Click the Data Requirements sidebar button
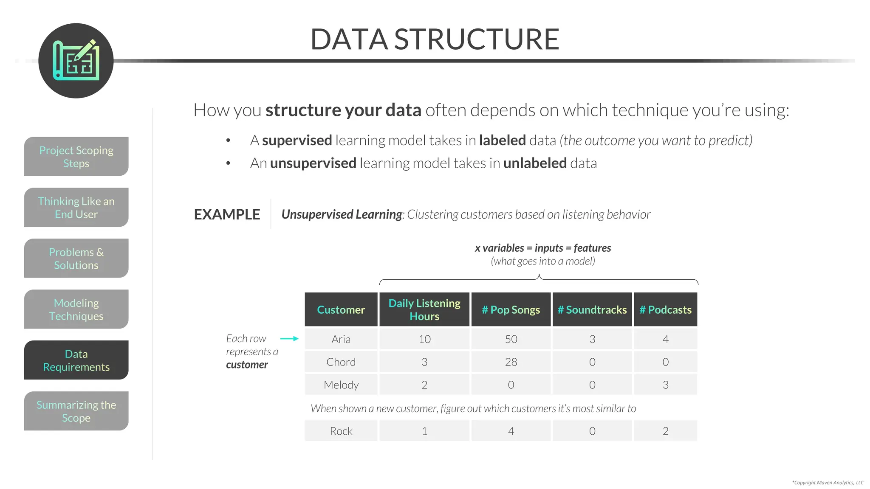pyautogui.click(x=76, y=360)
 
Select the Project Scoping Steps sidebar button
pyautogui.click(x=76, y=156)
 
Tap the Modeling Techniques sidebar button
pyautogui.click(x=76, y=309)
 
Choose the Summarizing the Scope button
pyautogui.click(x=76, y=411)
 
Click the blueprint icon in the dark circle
pyautogui.click(x=76, y=61)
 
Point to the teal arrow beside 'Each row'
pyautogui.click(x=289, y=338)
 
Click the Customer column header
pyautogui.click(x=341, y=309)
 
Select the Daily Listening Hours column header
pyautogui.click(x=424, y=309)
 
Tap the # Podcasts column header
pyautogui.click(x=665, y=309)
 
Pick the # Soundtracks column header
pyautogui.click(x=592, y=309)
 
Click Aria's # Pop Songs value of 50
pyautogui.click(x=511, y=339)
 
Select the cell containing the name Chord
pyautogui.click(x=341, y=362)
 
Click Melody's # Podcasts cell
pyautogui.click(x=665, y=385)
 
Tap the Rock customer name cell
pyautogui.click(x=341, y=431)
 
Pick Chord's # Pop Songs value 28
pyautogui.click(x=511, y=362)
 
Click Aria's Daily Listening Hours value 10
pyautogui.click(x=424, y=339)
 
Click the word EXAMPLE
pyautogui.click(x=227, y=214)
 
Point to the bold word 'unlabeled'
pyautogui.click(x=535, y=163)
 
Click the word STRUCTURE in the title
pyautogui.click(x=477, y=39)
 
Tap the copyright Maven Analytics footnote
pyautogui.click(x=827, y=482)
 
